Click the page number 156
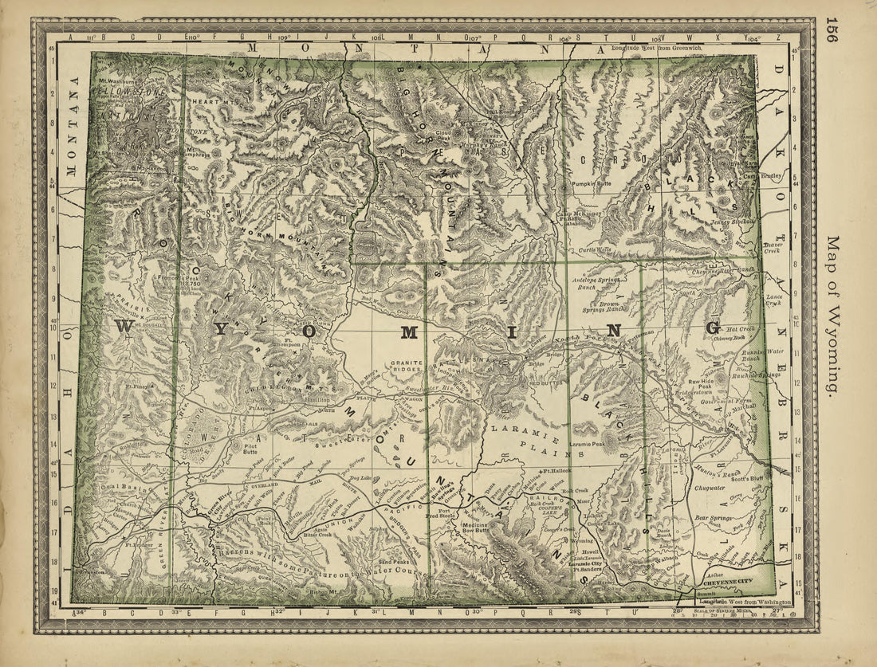point(832,29)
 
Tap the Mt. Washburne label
point(117,80)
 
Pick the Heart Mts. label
point(202,100)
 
